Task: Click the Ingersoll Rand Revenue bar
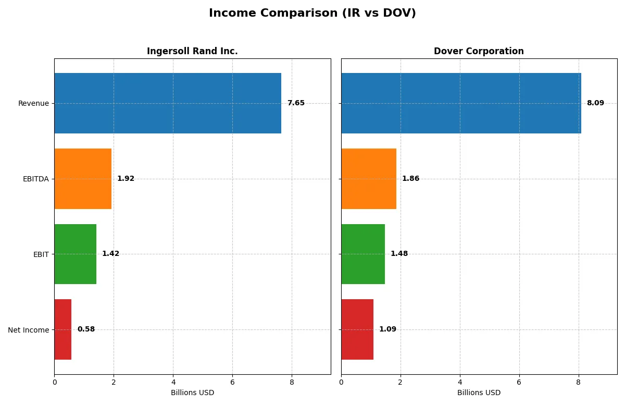(168, 103)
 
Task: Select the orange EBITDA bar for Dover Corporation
(369, 179)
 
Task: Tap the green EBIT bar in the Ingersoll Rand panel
(76, 254)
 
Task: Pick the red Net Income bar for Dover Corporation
(357, 329)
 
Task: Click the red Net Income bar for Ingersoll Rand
(63, 329)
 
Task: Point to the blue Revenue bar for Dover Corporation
(461, 103)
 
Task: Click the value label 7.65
(296, 103)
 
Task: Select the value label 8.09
(595, 103)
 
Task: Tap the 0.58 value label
(86, 329)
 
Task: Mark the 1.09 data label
(387, 329)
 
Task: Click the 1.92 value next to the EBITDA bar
(126, 179)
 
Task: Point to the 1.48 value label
(399, 254)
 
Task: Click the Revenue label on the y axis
(33, 103)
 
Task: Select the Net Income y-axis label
(29, 330)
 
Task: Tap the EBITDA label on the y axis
(36, 179)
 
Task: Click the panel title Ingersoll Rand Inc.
(192, 51)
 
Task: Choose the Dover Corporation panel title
(479, 51)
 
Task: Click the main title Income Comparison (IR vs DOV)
(312, 13)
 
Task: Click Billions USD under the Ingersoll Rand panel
(192, 393)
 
